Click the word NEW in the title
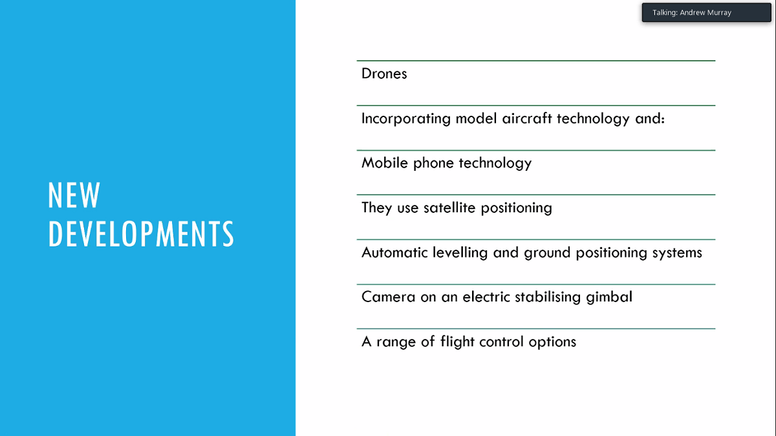click(x=74, y=195)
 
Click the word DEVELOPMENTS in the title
click(x=141, y=234)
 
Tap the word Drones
click(x=384, y=74)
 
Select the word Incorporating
click(x=406, y=119)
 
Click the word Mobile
click(x=385, y=163)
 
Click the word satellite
click(x=449, y=208)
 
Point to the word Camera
click(x=389, y=297)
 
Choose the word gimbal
click(x=609, y=298)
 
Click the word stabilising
click(x=548, y=298)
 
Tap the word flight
click(x=457, y=342)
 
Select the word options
click(x=552, y=342)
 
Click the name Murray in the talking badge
click(x=719, y=13)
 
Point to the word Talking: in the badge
click(x=665, y=13)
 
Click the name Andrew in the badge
click(x=693, y=12)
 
